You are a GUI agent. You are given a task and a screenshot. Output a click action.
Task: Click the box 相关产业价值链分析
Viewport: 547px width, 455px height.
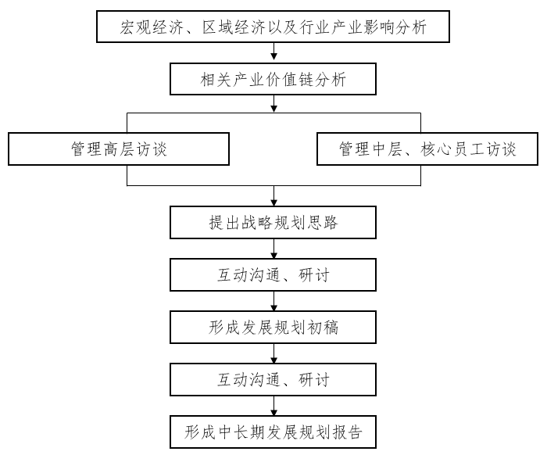point(273,79)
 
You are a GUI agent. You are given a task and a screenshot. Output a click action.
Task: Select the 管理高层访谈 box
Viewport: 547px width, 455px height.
point(119,149)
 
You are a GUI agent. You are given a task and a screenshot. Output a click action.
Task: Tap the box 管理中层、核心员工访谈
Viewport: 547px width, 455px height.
point(427,149)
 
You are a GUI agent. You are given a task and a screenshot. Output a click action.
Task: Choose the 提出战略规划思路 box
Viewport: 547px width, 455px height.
point(273,223)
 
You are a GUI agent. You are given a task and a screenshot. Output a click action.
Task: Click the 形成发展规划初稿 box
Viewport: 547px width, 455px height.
point(273,328)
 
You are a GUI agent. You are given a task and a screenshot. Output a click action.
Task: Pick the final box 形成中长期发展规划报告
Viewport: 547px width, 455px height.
point(273,432)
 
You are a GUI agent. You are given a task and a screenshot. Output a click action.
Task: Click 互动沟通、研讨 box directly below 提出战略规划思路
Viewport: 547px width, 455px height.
point(273,275)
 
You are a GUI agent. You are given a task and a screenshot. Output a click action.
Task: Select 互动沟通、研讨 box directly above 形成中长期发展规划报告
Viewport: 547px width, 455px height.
point(273,380)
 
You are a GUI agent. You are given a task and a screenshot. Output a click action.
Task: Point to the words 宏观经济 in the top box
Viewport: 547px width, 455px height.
point(151,27)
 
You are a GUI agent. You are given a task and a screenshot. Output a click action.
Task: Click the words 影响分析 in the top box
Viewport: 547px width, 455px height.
point(395,27)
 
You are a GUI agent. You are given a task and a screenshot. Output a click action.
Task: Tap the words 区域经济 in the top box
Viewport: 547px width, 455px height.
point(234,27)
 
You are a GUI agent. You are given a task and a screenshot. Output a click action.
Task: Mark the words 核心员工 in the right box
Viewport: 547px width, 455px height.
point(452,149)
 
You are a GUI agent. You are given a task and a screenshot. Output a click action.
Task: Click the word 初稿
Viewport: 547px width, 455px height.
point(322,328)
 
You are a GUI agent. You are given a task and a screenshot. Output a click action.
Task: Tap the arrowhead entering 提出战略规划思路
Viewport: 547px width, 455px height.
point(273,202)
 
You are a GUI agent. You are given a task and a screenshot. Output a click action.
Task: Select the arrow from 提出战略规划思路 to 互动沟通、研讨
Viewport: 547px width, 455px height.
point(273,249)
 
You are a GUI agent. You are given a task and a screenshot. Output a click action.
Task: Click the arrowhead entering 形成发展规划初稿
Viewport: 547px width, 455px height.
point(273,307)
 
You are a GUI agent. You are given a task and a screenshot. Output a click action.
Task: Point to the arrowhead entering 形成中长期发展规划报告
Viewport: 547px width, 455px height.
point(273,412)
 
